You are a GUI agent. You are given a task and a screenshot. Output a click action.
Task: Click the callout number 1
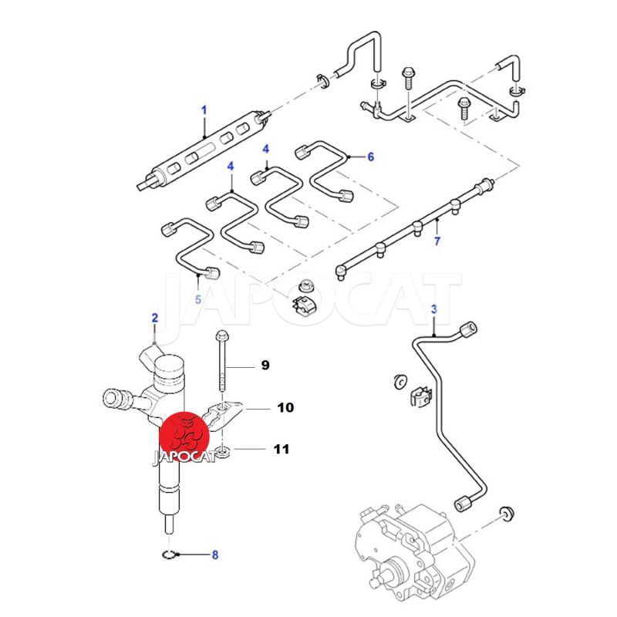pos(204,110)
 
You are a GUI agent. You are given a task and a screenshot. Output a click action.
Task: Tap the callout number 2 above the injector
pos(154,318)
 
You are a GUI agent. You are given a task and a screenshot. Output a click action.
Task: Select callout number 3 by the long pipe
pos(433,309)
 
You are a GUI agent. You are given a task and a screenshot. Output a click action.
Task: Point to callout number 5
pos(197,298)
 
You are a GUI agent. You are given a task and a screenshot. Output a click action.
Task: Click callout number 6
pos(370,157)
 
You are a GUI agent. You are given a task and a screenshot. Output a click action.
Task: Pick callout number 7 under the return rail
pos(437,242)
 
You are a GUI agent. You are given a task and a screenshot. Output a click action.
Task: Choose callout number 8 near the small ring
pos(215,554)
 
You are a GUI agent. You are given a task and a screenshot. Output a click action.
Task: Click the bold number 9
pos(265,365)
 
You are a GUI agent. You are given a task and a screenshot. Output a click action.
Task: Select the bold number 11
pos(280,448)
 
